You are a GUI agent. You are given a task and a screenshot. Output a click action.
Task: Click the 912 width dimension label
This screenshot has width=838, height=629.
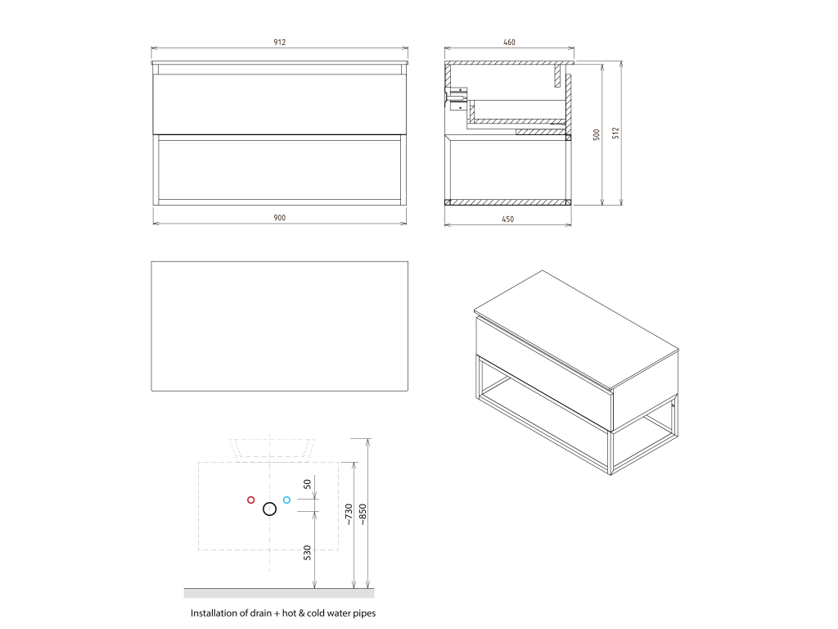coord(280,43)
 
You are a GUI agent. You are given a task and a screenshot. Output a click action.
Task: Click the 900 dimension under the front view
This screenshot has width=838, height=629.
coord(280,218)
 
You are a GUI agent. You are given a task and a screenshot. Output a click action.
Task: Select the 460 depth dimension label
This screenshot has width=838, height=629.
coord(509,43)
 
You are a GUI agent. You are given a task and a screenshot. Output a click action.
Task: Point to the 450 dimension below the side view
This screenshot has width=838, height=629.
coord(507,219)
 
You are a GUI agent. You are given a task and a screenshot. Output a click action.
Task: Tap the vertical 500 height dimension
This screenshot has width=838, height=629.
coord(597,134)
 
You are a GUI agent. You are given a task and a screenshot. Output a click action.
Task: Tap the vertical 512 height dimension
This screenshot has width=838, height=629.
coord(615,133)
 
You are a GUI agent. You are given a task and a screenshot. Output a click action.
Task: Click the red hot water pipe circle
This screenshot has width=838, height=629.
coord(250,500)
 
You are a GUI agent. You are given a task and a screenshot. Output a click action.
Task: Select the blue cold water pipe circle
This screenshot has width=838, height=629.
coord(286,500)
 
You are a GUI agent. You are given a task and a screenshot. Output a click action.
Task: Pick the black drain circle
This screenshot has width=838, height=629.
coord(269,509)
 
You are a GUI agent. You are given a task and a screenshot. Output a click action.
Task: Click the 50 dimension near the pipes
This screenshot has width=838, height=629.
coord(308,483)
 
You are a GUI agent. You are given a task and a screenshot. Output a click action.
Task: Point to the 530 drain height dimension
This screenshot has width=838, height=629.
coord(308,553)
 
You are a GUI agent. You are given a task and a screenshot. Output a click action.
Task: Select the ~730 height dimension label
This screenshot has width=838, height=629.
coord(349,514)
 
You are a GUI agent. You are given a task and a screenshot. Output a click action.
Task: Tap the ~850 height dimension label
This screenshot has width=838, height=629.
coord(363,514)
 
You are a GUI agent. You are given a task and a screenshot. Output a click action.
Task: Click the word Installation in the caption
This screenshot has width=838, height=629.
coord(214,613)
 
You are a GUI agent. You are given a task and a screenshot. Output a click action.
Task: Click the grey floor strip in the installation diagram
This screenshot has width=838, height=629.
coord(279,593)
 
